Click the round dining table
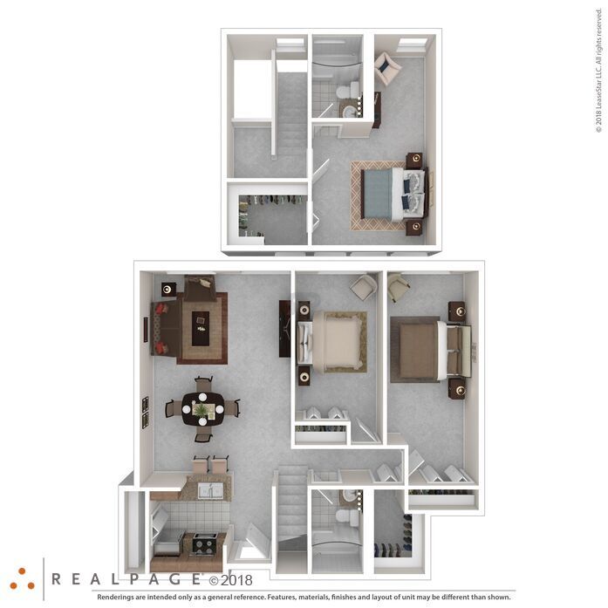tap(202, 409)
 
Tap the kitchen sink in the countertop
tap(210, 491)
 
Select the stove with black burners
tap(204, 544)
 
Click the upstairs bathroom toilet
tap(347, 91)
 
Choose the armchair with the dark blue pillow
tap(386, 68)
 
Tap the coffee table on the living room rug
tap(201, 329)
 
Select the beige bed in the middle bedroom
tap(331, 342)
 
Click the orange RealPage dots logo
tap(22, 579)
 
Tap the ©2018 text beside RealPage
tap(231, 580)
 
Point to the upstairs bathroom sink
tap(350, 112)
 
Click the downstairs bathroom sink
tap(350, 496)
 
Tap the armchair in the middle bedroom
tap(364, 287)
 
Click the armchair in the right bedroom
tap(398, 287)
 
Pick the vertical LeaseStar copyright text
tap(599, 71)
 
